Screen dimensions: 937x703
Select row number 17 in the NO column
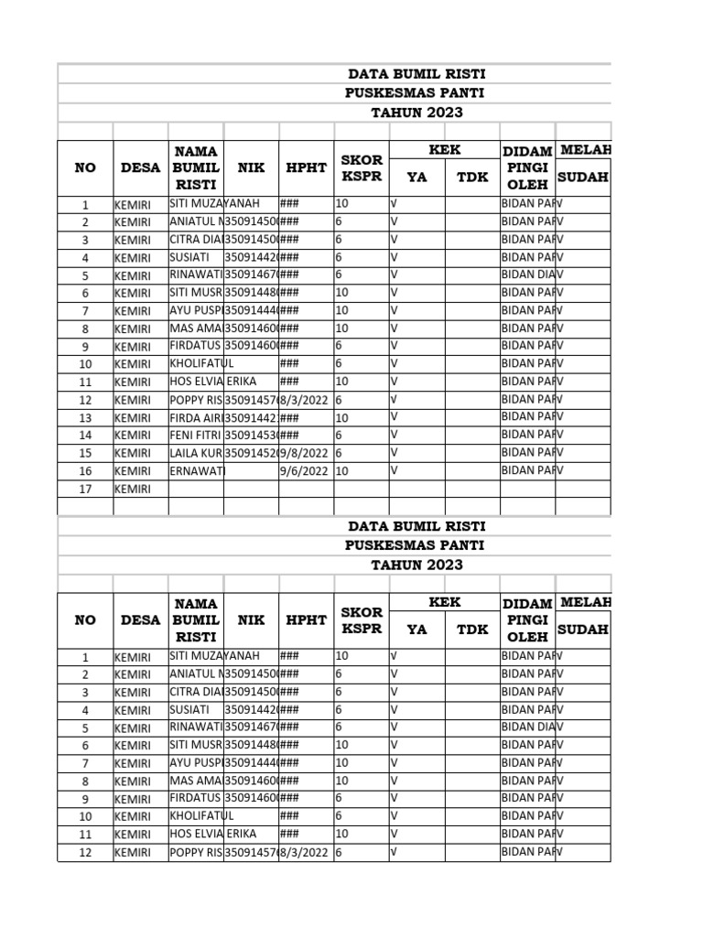point(85,489)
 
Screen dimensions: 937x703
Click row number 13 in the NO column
point(85,418)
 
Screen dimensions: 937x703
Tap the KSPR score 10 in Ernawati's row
point(342,470)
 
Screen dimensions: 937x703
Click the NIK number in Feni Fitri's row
point(251,435)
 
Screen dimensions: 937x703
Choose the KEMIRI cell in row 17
point(133,489)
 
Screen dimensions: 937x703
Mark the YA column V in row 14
point(395,435)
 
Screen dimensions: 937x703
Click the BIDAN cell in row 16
point(526,470)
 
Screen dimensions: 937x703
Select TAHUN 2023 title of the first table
point(416,113)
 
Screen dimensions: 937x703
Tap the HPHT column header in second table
point(306,619)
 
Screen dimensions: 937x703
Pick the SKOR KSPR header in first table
point(361,167)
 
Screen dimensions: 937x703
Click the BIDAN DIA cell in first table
point(526,275)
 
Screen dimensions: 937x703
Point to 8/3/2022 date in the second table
point(306,853)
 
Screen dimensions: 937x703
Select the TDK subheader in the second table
point(472,630)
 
